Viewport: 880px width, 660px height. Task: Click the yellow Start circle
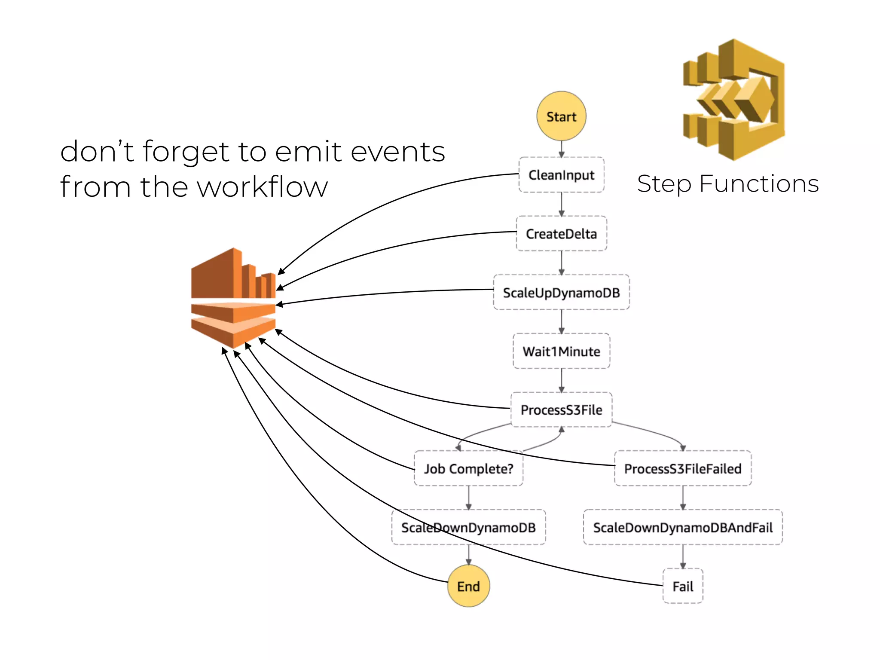click(x=561, y=116)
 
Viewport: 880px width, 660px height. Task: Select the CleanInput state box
click(x=561, y=175)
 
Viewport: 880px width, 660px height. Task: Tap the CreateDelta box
click(x=561, y=234)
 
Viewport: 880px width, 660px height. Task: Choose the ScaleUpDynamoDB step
click(x=561, y=293)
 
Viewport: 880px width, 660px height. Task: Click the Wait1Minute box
click(x=561, y=351)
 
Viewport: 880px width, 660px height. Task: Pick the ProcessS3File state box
click(x=561, y=409)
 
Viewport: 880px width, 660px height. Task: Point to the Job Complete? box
click(x=468, y=468)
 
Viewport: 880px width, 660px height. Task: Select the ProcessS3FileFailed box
click(x=683, y=468)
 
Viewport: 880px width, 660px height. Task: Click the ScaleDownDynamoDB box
click(x=468, y=527)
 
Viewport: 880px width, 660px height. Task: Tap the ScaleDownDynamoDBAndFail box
click(x=683, y=527)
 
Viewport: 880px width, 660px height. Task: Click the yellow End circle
click(x=468, y=586)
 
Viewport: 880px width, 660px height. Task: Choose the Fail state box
click(x=683, y=586)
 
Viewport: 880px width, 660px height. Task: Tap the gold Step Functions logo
click(x=734, y=100)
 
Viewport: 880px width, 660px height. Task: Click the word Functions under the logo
click(x=759, y=184)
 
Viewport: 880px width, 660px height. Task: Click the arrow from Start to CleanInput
click(x=561, y=149)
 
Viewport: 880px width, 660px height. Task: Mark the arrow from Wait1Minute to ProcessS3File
click(x=561, y=380)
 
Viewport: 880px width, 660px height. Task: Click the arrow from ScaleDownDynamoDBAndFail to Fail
click(x=683, y=557)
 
